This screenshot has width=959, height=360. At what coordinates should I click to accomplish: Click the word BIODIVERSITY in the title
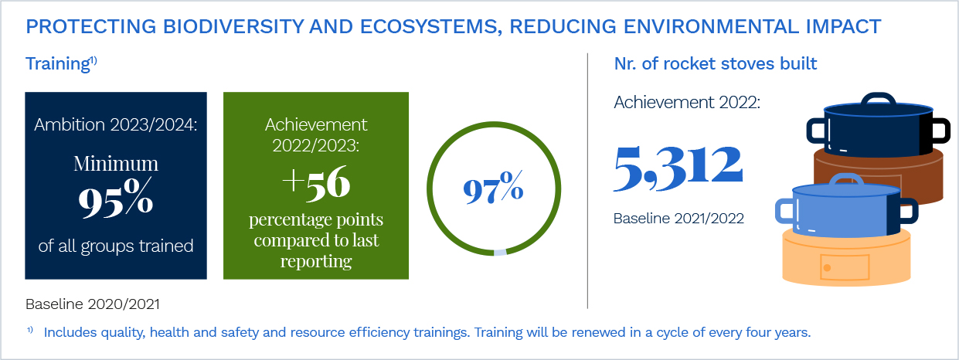tap(233, 26)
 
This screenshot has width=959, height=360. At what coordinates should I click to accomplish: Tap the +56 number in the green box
tap(316, 183)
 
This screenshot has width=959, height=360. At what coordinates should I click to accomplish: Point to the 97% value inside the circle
tap(493, 188)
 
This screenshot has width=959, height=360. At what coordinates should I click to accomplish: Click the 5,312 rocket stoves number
tap(678, 168)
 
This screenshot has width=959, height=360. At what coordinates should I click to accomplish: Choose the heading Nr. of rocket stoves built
tap(716, 63)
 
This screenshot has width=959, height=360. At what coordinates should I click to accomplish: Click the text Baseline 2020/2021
tap(93, 304)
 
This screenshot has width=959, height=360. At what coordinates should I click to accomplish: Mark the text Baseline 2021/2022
tap(678, 219)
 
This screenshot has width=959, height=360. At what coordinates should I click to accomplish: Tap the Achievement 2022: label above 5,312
tap(687, 102)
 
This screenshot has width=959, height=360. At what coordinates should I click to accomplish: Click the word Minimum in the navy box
tap(116, 164)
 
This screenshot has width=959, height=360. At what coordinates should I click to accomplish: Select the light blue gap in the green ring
tap(500, 252)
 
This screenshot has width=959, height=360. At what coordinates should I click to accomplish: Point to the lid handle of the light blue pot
tap(847, 179)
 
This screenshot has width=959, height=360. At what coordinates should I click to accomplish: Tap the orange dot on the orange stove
tap(827, 268)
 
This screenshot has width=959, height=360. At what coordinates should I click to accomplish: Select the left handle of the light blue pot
tap(784, 211)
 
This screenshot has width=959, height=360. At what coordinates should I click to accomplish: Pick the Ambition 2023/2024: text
tap(116, 124)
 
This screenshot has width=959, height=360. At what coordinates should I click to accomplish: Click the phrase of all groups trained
tap(116, 246)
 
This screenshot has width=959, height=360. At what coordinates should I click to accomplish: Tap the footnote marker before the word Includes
tap(30, 330)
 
